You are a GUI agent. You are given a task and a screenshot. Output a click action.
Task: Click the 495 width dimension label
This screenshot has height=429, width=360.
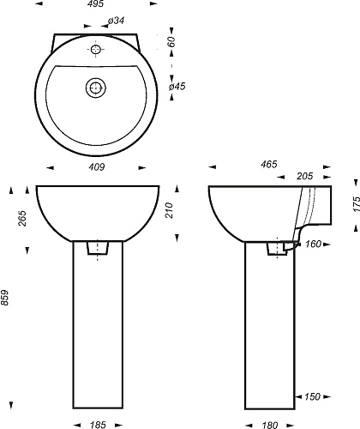[96, 3]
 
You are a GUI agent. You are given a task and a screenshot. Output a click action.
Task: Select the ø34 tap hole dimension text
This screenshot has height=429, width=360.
[116, 21]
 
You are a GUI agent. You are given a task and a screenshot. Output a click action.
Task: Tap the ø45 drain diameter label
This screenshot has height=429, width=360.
[177, 87]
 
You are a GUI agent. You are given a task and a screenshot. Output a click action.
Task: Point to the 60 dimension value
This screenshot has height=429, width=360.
[171, 42]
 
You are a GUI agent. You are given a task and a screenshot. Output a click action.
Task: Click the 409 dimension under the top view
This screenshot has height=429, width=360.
[97, 167]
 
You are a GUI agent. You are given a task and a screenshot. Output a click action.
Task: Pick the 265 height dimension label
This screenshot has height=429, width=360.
[22, 218]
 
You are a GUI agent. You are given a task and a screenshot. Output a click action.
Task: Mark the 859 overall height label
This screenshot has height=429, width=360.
[5, 298]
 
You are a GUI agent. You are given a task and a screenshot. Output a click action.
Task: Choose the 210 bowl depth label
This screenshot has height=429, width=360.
[170, 210]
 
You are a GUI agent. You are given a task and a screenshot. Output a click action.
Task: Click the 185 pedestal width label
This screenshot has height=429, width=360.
[98, 425]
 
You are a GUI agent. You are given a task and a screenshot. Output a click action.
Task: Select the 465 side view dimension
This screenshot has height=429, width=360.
[269, 164]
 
